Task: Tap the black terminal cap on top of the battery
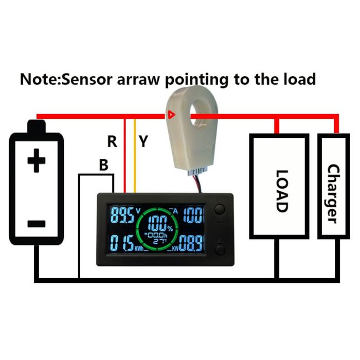37,127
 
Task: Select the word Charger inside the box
333,193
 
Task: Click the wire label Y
143,141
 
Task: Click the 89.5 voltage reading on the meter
122,215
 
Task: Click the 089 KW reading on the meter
191,242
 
